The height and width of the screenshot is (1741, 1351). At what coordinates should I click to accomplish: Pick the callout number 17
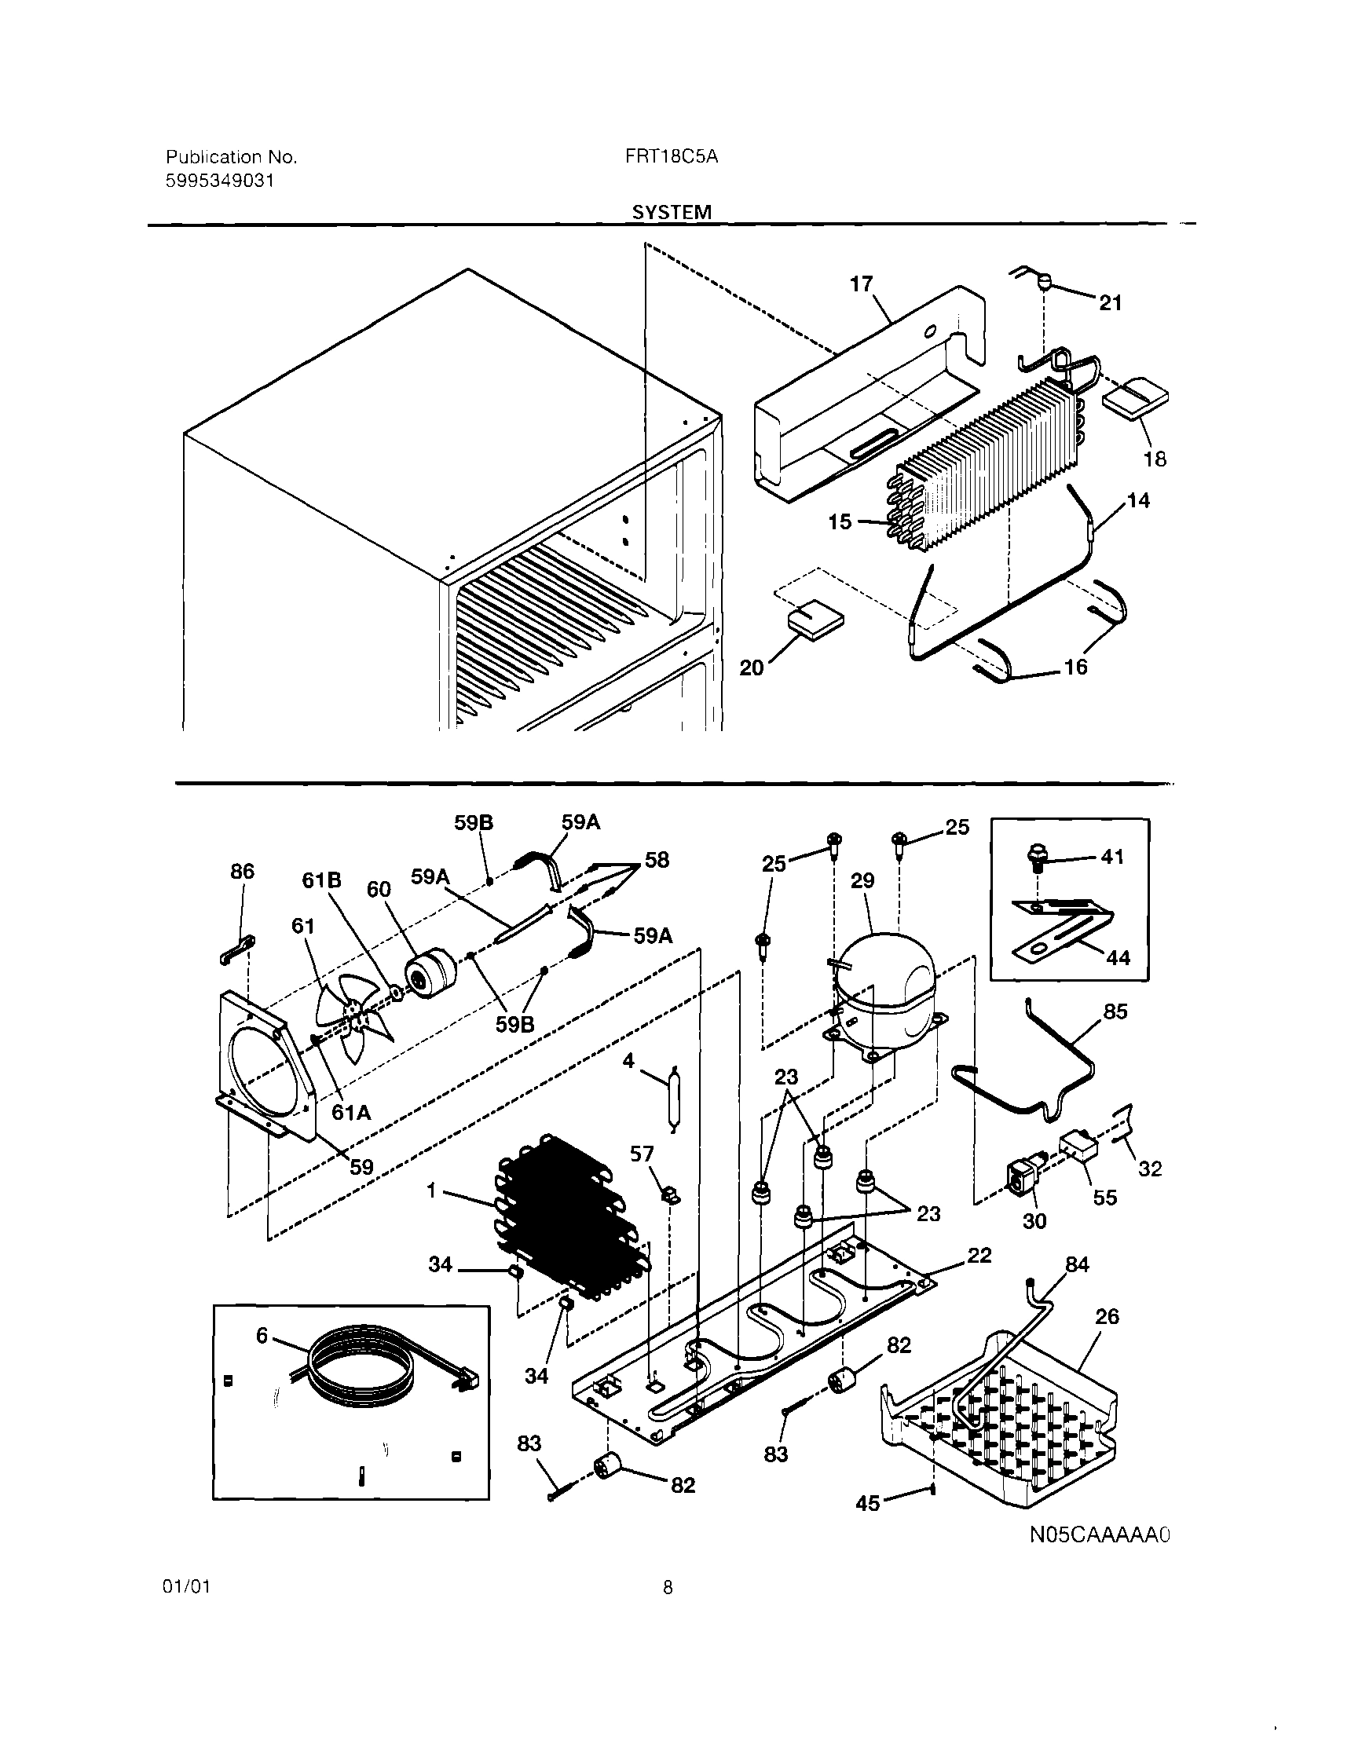(862, 283)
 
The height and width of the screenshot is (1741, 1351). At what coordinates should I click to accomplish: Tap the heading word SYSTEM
(672, 212)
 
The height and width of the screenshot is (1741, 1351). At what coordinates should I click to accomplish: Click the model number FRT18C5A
(672, 156)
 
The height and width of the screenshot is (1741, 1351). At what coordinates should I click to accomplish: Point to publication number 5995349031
(220, 181)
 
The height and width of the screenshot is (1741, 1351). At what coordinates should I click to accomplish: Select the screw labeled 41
(1036, 860)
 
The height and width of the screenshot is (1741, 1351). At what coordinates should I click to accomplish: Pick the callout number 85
(1115, 1011)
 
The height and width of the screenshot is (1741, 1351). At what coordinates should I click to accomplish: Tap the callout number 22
(979, 1256)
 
